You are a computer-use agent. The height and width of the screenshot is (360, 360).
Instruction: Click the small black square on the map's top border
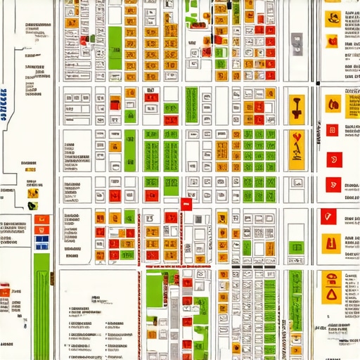point(231,5)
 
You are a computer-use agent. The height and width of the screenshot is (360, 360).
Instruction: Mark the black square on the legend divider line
point(318,84)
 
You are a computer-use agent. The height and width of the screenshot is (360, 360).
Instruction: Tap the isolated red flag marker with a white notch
point(186,203)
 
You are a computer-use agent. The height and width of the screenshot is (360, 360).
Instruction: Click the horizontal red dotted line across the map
point(176,267)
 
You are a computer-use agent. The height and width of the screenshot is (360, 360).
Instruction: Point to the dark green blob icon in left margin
point(32,205)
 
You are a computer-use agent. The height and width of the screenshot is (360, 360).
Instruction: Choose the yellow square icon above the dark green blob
point(32,193)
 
